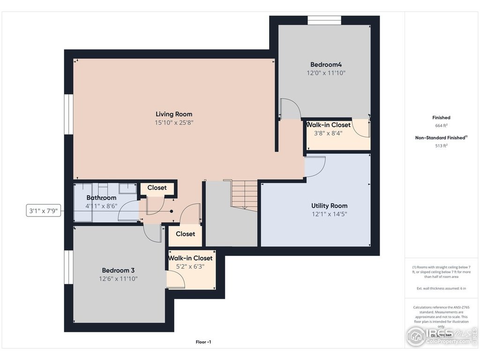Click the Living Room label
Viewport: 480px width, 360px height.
pos(174,114)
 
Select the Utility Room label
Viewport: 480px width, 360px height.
pos(329,206)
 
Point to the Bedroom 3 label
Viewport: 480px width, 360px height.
pos(119,270)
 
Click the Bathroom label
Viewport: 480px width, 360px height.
pos(101,198)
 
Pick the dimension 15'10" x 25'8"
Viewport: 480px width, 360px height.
pos(174,123)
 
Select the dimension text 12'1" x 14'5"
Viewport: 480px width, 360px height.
pos(329,214)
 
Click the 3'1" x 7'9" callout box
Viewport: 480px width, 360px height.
pos(43,211)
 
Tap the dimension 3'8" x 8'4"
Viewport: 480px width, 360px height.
pos(328,133)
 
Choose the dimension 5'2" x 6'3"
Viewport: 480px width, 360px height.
pos(190,266)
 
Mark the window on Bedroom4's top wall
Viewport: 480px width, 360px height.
pos(324,20)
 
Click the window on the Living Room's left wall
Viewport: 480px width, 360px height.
pos(69,114)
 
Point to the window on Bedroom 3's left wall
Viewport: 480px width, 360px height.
pos(69,270)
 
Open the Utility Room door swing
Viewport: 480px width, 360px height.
pos(315,167)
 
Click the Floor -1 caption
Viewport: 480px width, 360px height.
pos(203,342)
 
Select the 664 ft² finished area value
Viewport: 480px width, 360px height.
pos(441,126)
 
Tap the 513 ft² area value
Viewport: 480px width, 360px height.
pos(441,145)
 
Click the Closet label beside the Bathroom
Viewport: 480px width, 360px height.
pos(157,187)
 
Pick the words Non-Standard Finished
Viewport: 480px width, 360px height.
pos(440,138)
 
